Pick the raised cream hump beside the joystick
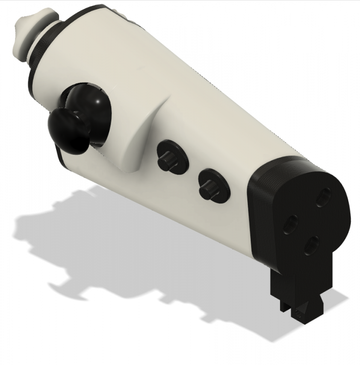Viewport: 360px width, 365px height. pos(141,131)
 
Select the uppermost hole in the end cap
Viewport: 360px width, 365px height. pos(322,198)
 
